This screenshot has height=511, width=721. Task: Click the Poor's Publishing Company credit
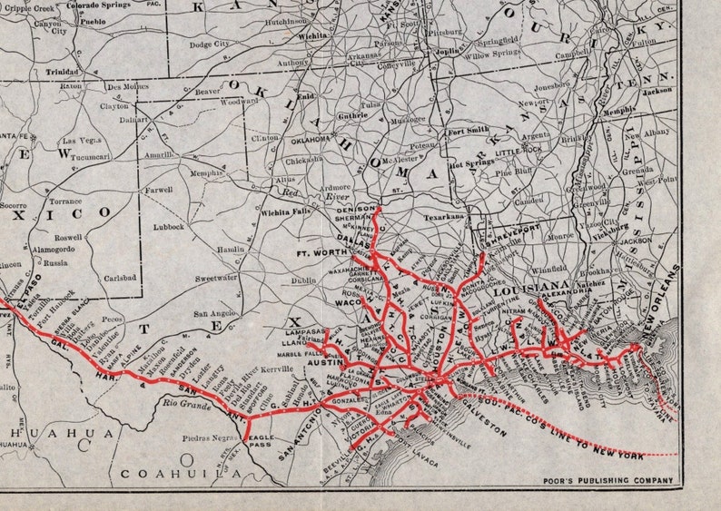point(624,480)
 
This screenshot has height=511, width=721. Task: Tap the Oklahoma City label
point(311,140)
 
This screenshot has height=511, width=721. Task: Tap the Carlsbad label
point(120,278)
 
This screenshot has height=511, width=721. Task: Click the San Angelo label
point(215,313)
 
